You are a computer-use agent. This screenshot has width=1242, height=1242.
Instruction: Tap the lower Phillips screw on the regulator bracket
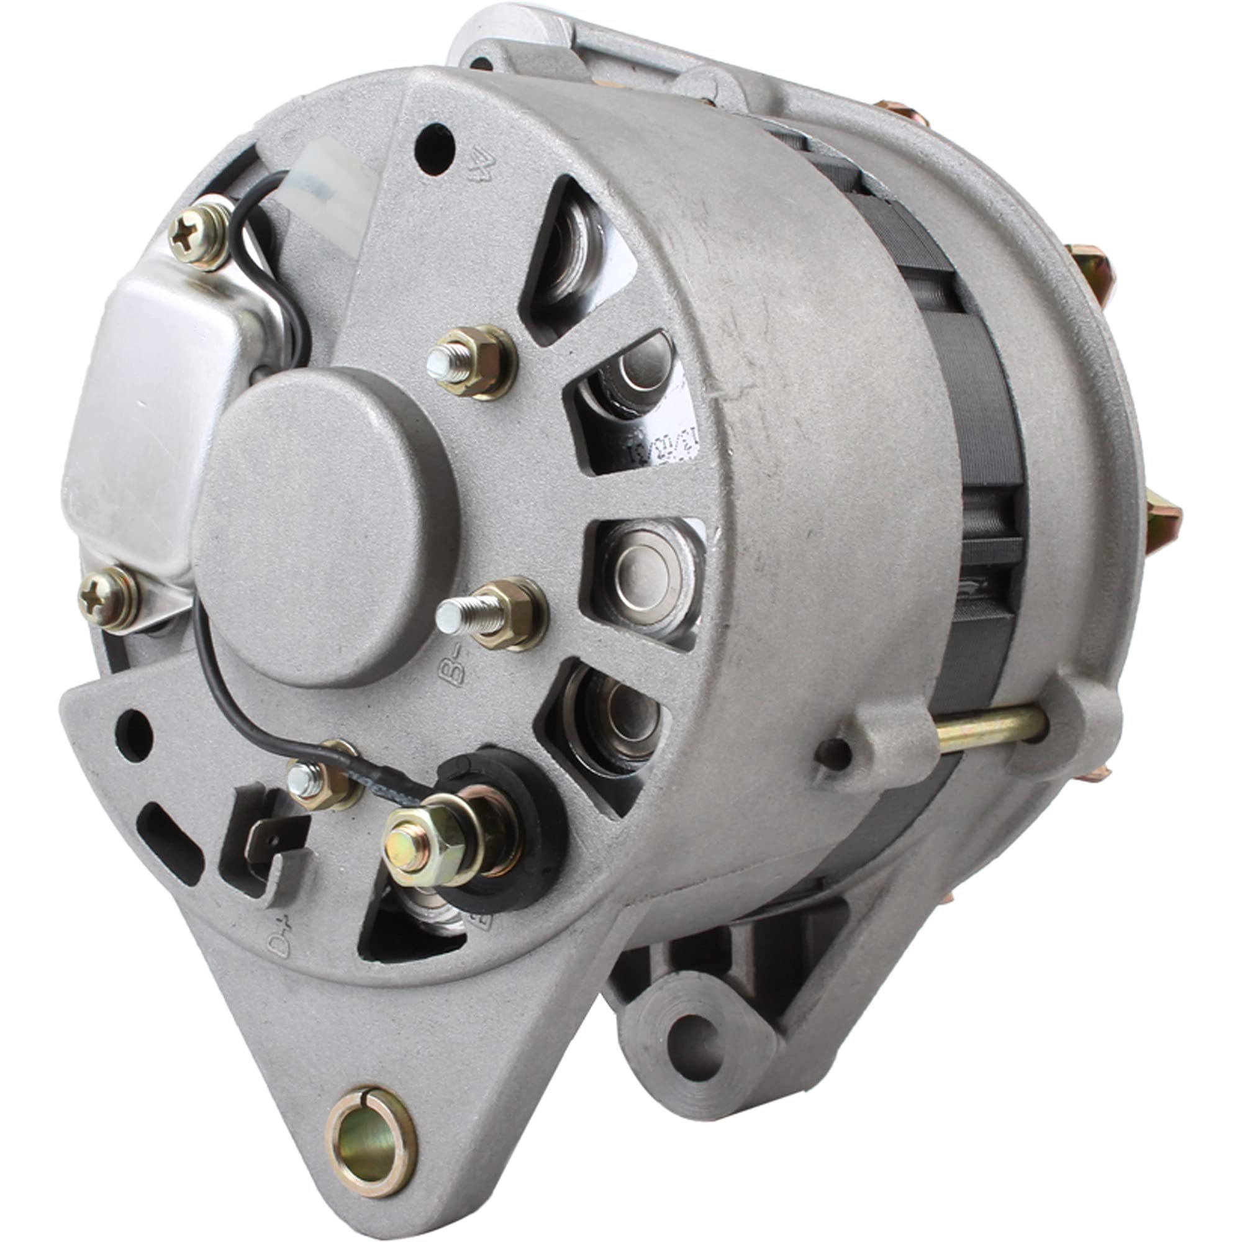click(x=107, y=598)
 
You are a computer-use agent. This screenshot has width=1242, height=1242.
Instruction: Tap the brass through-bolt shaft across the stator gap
click(x=990, y=730)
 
